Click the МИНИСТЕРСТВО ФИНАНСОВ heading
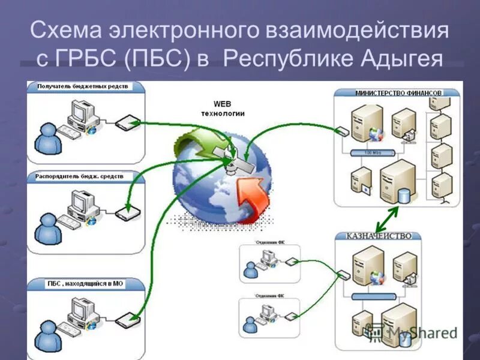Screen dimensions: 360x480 [x=398, y=93]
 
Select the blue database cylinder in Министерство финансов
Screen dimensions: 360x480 [x=404, y=194]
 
